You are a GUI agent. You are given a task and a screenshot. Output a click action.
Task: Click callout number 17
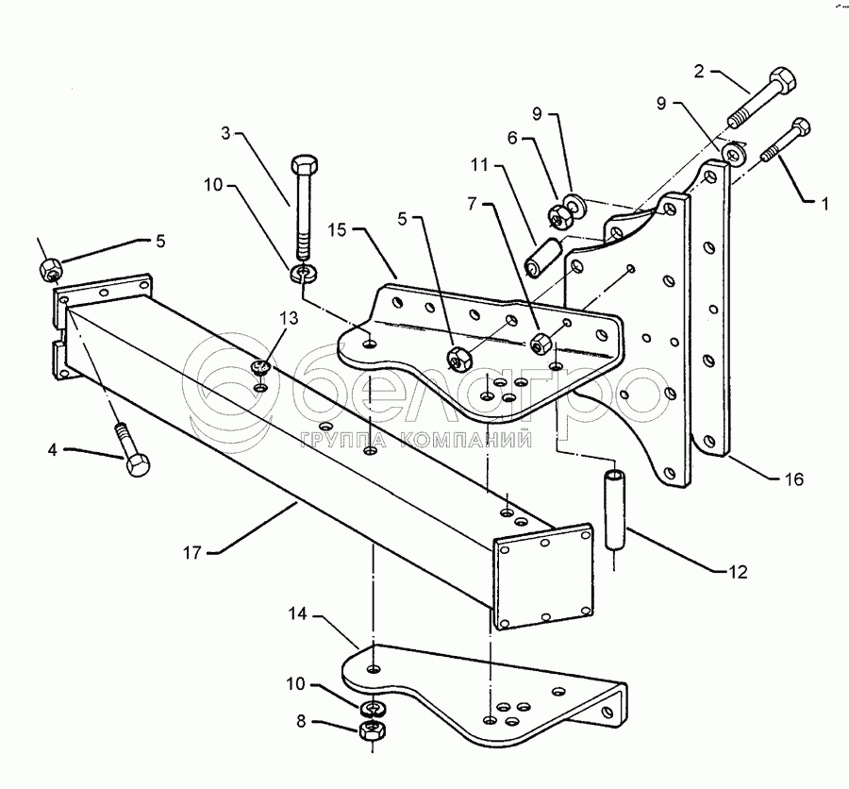[x=192, y=553]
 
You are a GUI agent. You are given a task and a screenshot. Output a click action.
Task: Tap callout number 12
[x=738, y=572]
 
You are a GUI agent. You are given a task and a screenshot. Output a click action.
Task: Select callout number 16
[x=794, y=479]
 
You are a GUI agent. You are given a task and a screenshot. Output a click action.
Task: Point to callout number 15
[x=337, y=229]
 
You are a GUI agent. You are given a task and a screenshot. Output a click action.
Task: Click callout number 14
[x=297, y=614]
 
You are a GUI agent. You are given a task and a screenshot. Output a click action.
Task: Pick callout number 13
[x=290, y=318]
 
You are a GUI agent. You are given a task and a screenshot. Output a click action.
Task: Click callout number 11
[x=480, y=165]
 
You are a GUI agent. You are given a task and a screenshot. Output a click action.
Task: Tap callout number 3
[x=225, y=133]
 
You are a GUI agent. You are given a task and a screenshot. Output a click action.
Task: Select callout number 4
[x=53, y=450]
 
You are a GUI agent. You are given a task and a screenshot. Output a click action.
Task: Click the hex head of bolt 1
[x=801, y=128]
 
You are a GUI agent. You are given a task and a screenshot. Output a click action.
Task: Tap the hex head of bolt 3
[x=305, y=164]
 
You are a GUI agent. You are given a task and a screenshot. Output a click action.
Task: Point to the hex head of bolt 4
[x=138, y=465]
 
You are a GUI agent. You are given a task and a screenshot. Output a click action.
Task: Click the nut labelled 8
[x=373, y=730]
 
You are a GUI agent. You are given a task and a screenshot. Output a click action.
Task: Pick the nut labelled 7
[x=541, y=344]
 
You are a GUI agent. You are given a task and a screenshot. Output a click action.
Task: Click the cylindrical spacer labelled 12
[x=614, y=510]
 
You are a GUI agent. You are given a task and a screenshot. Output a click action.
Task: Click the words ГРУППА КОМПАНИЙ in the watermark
[x=416, y=440]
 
